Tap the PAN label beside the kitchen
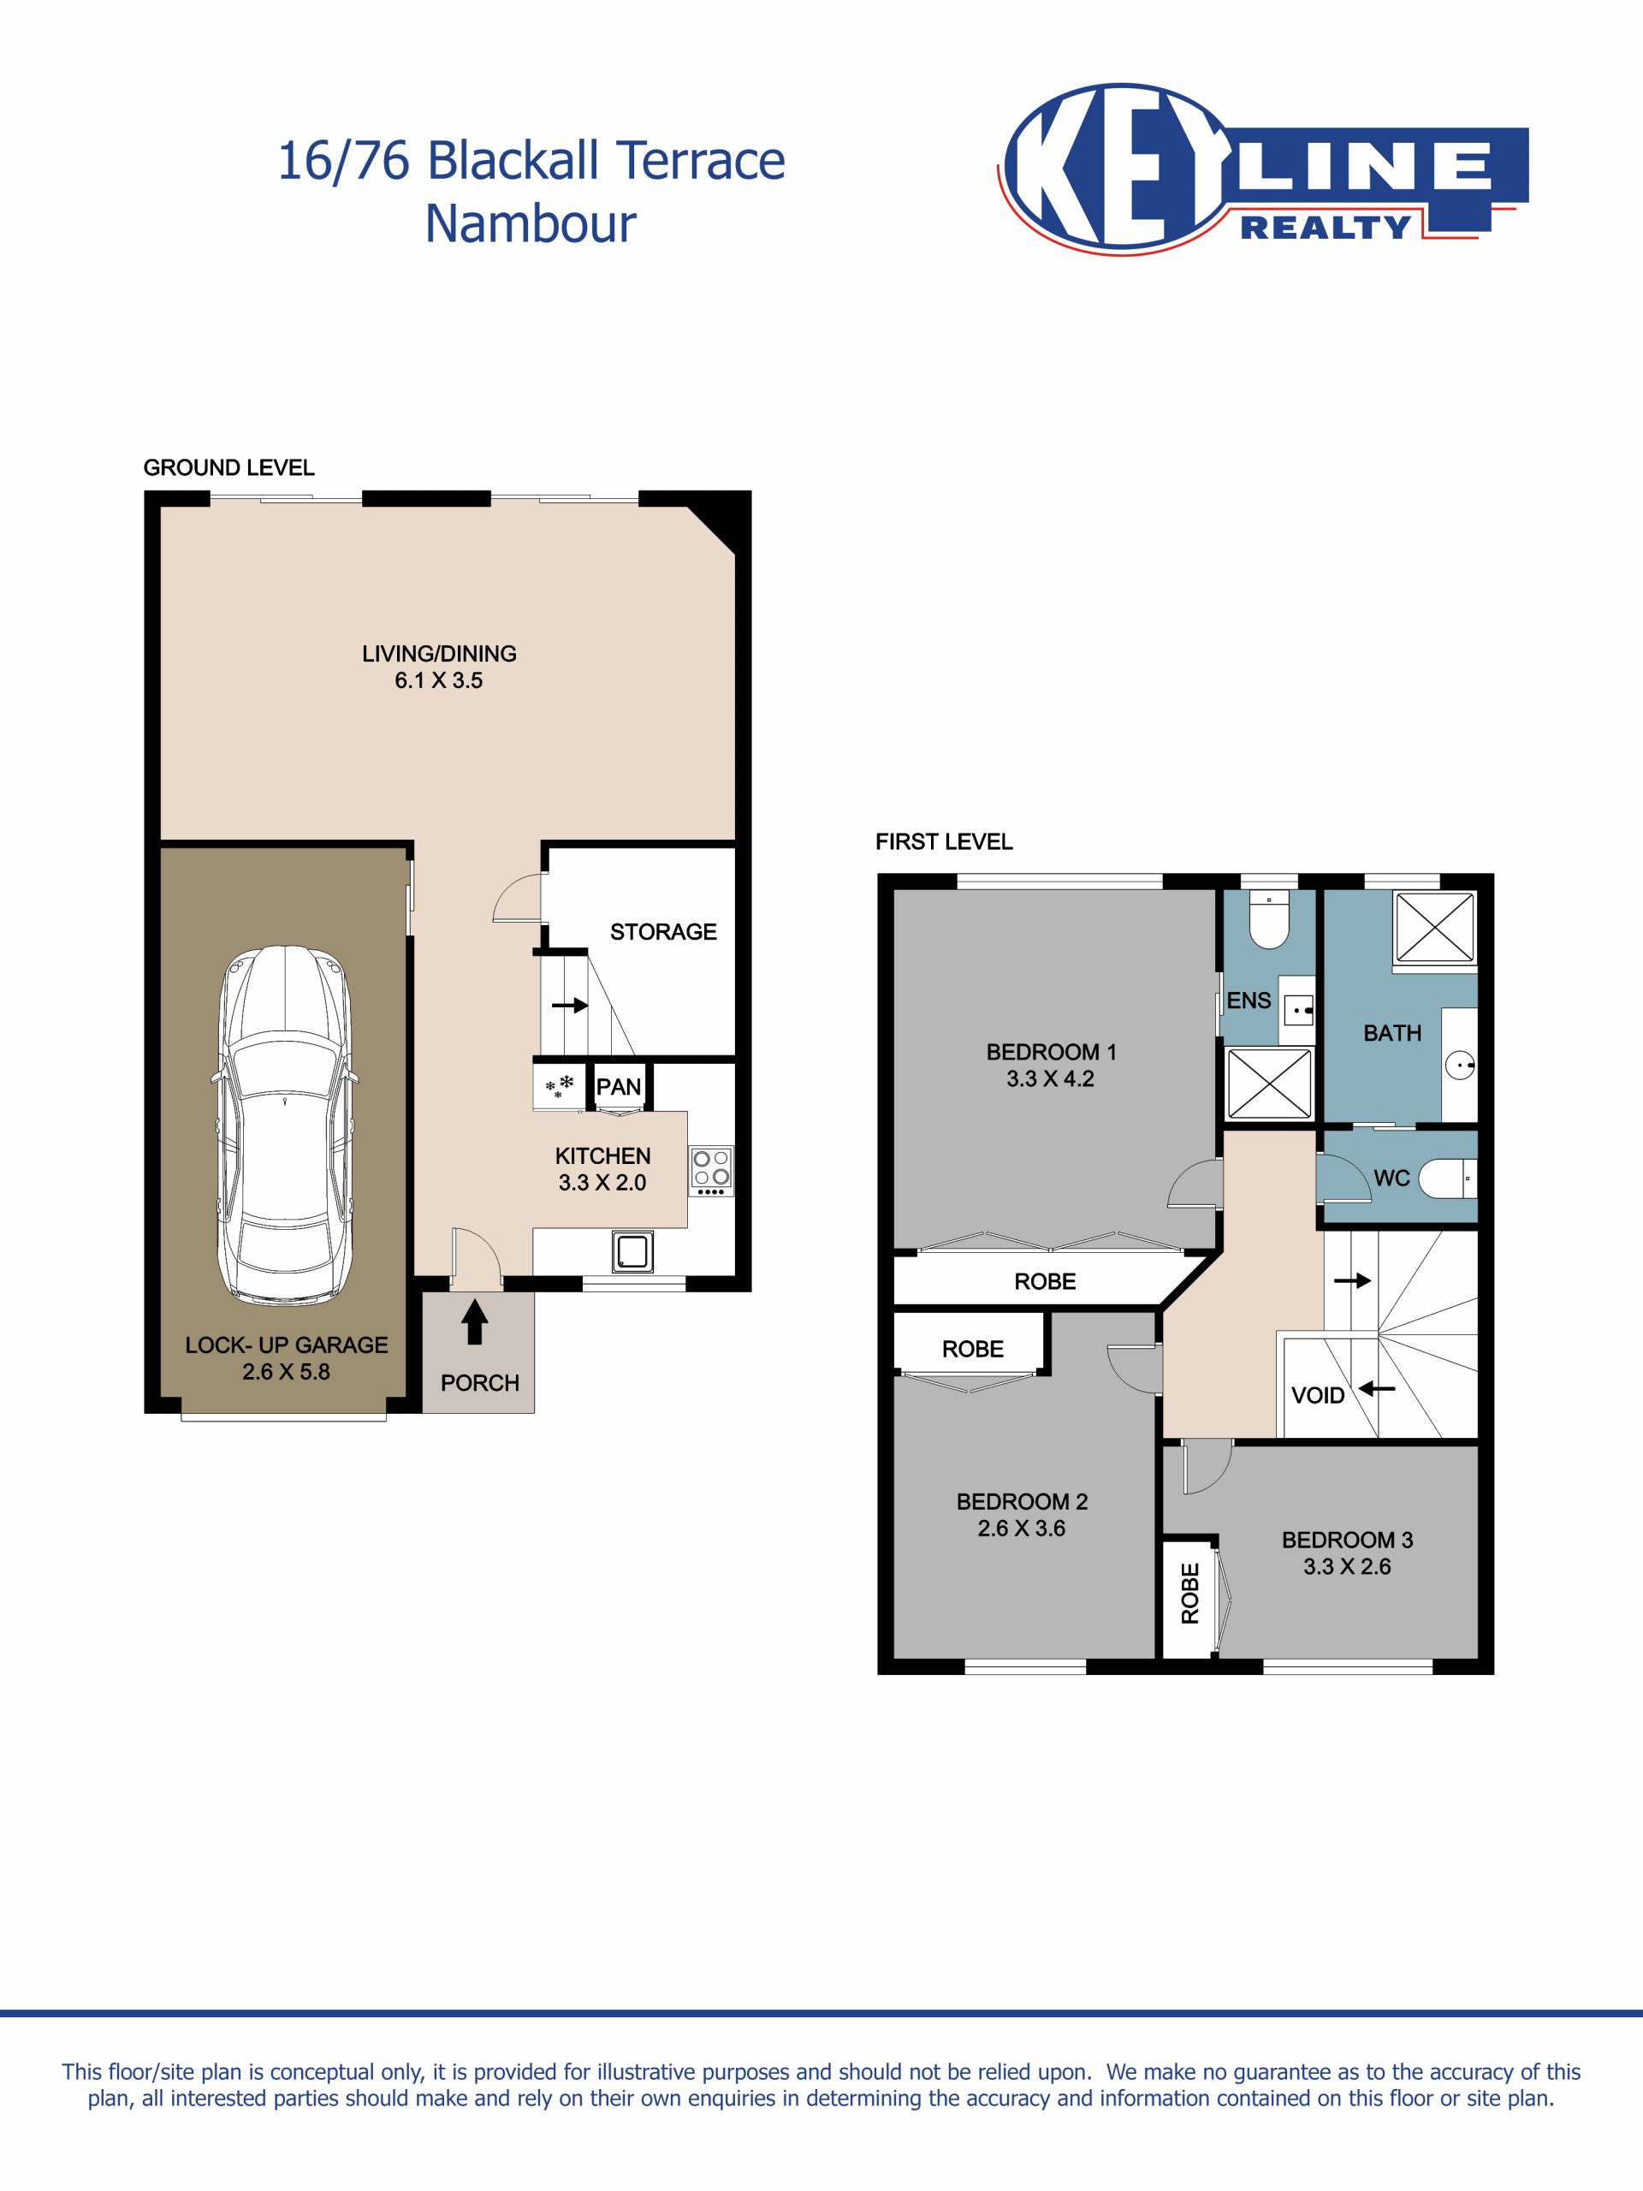pos(618,1087)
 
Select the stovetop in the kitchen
pos(711,1172)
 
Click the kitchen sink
pos(632,1251)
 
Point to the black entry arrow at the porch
pos(474,1322)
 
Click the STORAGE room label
pos(662,932)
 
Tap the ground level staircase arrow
pos(569,1006)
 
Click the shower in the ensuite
pos(1270,1083)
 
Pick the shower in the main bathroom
pos(1435,926)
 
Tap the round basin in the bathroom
pos(1460,1066)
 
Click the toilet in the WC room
pos(1448,1179)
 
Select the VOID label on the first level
pos(1317,1396)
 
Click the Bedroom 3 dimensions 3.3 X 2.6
pos(1347,1566)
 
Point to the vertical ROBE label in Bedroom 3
pos(1189,1594)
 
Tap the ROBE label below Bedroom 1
pos(1045,1282)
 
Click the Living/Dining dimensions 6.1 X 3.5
pos(439,680)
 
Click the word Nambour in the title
pos(531,224)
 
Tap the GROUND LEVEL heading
pos(228,467)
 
